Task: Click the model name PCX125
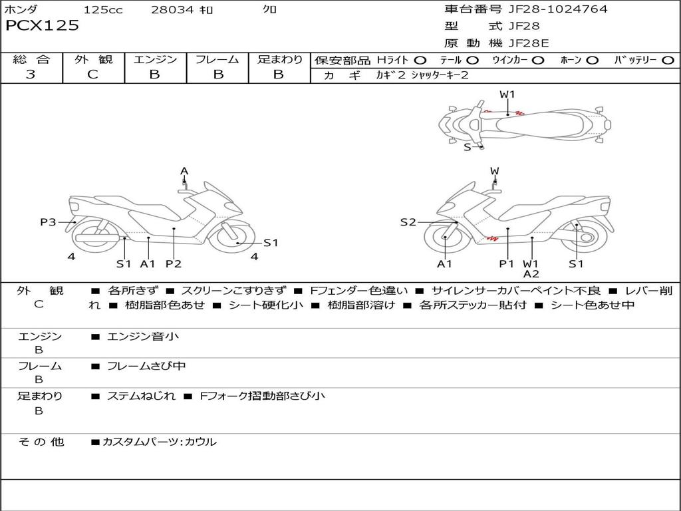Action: point(42,26)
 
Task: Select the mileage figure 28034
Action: point(173,10)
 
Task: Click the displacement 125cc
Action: point(102,10)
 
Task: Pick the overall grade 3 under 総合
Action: point(31,75)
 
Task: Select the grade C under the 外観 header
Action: point(92,75)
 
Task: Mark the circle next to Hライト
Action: point(420,60)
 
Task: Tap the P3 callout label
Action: point(48,222)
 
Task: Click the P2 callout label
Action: point(173,263)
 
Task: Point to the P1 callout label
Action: point(507,263)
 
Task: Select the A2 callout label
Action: point(531,273)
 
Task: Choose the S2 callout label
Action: point(408,222)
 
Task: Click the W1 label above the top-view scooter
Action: point(507,94)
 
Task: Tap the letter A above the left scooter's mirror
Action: point(184,171)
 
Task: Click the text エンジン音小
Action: point(143,337)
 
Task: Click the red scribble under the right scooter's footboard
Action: point(491,236)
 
